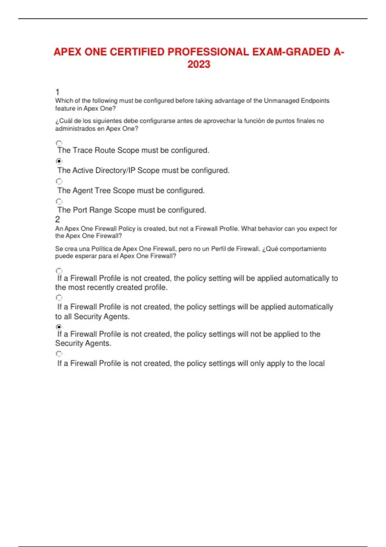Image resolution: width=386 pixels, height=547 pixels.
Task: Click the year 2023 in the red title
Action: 199,64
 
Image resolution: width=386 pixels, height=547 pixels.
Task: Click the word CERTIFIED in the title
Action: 137,52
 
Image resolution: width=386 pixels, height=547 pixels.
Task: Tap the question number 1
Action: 57,92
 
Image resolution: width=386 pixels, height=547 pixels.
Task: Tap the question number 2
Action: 58,219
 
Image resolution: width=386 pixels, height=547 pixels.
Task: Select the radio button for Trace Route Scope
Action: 59,143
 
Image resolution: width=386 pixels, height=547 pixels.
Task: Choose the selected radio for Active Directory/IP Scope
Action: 59,161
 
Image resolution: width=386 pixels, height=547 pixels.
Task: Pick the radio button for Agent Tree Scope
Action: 59,181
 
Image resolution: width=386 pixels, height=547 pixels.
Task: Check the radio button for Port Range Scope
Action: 59,201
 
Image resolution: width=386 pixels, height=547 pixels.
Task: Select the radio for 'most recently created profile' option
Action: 59,271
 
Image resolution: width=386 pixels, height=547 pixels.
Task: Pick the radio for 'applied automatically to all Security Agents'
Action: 59,298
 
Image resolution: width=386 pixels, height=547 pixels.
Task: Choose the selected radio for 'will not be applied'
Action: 59,327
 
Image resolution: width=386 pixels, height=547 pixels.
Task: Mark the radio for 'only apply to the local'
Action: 59,354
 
